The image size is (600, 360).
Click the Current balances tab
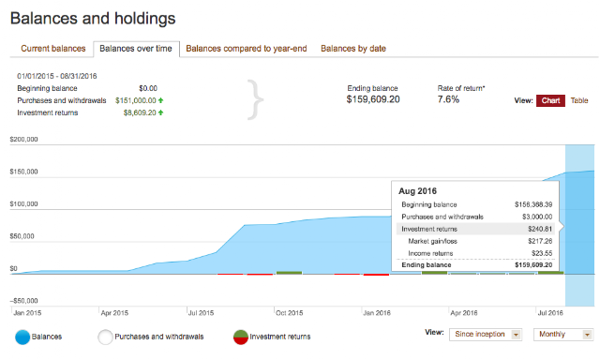coord(53,49)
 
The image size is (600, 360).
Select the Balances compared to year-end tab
coord(247,49)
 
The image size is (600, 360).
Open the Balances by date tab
coord(353,49)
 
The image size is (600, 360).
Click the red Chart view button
coord(550,100)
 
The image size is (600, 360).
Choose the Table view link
coord(579,100)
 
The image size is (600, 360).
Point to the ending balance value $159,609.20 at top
coord(373,99)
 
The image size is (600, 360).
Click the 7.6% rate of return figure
coord(448,99)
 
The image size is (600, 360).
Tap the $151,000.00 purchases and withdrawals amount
coord(136,100)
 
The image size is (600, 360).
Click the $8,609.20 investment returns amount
coord(140,112)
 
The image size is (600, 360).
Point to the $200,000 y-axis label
coord(23,140)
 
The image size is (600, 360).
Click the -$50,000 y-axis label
coord(23,301)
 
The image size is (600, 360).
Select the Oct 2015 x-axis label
coord(290,313)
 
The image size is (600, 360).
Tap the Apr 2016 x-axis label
coord(464,313)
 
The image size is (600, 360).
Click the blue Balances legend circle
coord(22,337)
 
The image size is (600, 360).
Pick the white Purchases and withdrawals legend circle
coord(105,337)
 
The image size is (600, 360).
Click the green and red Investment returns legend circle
coord(241,337)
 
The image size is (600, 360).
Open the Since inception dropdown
coord(486,335)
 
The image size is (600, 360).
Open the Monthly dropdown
coord(563,335)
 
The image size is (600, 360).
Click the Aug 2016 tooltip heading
coord(417,191)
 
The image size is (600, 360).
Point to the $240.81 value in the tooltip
coord(540,229)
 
